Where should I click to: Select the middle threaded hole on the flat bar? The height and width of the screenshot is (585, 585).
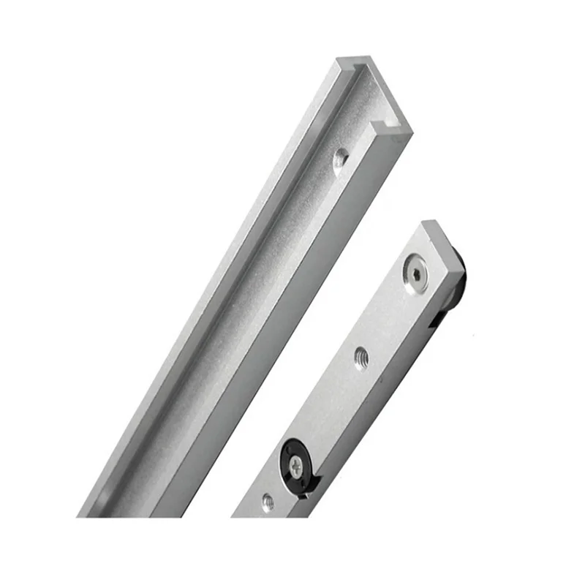pyautogui.click(x=361, y=358)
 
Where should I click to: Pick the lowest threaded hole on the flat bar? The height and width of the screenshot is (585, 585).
pyautogui.click(x=268, y=502)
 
